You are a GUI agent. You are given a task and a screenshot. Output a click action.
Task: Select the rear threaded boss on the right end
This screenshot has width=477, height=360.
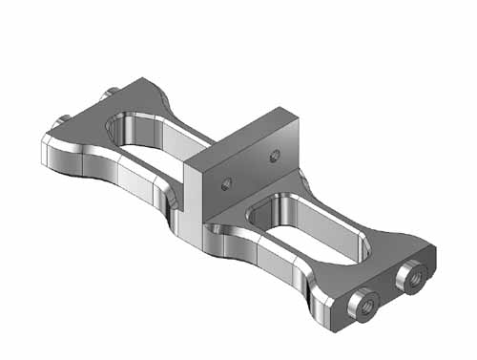coord(412,277)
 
